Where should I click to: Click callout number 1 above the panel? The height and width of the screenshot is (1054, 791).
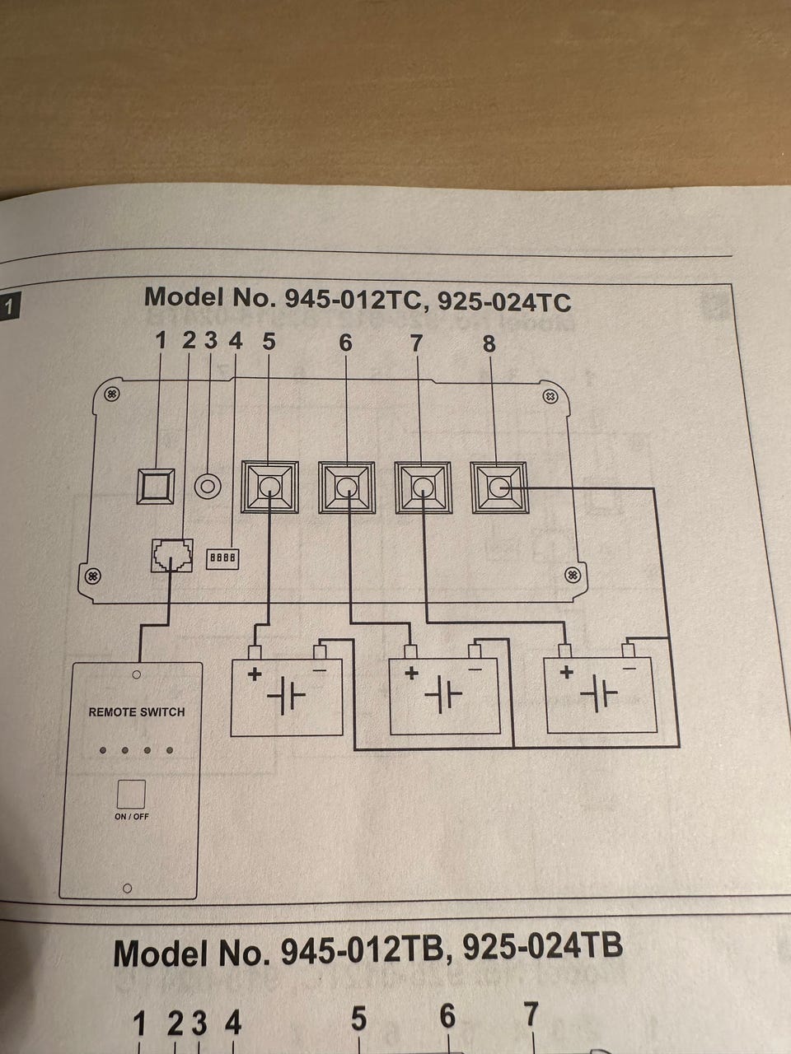click(x=161, y=341)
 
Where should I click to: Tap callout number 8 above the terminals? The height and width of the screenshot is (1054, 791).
click(x=489, y=344)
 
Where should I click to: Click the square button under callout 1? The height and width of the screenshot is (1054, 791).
click(x=156, y=487)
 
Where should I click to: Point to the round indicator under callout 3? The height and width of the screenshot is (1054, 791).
click(x=208, y=486)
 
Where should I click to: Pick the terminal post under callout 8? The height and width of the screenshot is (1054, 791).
click(x=498, y=487)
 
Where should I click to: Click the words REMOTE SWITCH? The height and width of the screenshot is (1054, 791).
click(x=137, y=711)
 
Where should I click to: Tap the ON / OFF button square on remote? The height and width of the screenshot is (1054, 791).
click(x=131, y=793)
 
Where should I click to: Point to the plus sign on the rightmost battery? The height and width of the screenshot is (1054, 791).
click(x=566, y=672)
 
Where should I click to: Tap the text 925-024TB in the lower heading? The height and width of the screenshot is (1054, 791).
click(x=542, y=948)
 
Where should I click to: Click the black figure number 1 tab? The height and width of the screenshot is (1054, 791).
click(x=9, y=308)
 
